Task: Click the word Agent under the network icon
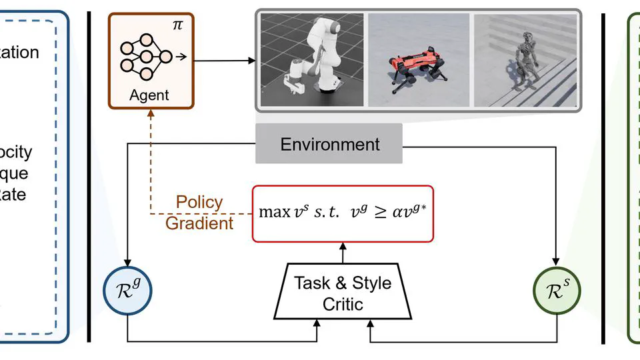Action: pos(150,95)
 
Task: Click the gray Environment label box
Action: pos(329,144)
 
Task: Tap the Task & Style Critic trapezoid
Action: pos(343,292)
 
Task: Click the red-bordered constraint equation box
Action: pos(343,213)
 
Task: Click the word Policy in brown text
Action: pos(199,202)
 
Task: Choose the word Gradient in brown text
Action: pos(199,223)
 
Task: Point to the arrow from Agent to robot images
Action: pos(223,61)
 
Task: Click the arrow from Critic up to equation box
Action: pos(343,253)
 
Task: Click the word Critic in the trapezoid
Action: pos(343,305)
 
